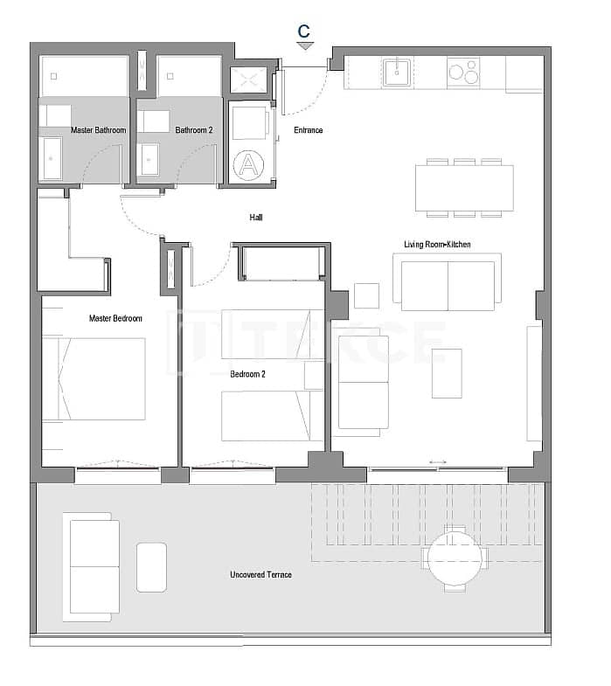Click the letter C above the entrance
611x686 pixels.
pos(303,31)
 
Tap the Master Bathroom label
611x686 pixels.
pos(99,130)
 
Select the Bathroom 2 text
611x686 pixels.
pos(194,130)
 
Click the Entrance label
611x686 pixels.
pos(308,130)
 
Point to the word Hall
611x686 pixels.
pos(255,218)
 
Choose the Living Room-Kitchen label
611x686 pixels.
pos(437,244)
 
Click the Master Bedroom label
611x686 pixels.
pos(115,318)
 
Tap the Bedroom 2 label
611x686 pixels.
pos(247,374)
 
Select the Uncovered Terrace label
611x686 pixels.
pos(260,574)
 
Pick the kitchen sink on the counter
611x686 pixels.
pos(398,72)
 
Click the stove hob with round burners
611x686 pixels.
pos(463,72)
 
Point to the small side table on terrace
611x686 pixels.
pos(152,567)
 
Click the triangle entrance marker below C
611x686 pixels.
pos(304,46)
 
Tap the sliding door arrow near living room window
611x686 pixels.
pos(438,462)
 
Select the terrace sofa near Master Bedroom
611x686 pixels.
pos(93,565)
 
